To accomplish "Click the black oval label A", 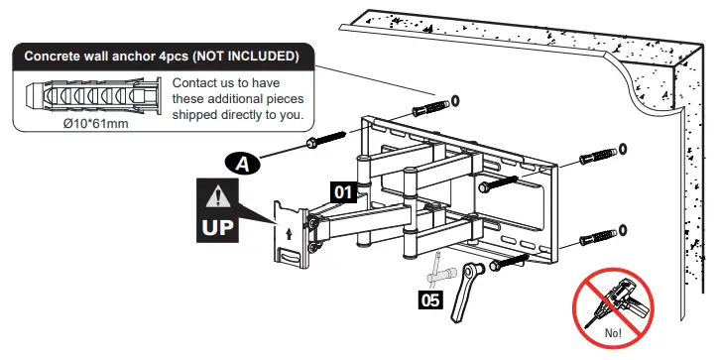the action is click(243, 164).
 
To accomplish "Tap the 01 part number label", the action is click(343, 192).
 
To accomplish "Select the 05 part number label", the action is click(430, 300).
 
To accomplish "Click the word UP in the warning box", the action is click(218, 227).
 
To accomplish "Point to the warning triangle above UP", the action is click(218, 197).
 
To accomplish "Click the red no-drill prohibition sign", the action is click(613, 308).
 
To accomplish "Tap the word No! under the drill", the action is click(613, 333).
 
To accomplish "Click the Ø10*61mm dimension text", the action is click(96, 123).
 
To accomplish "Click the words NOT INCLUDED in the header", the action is click(246, 56).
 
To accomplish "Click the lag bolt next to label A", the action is click(326, 140).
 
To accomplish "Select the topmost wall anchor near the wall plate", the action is click(431, 108).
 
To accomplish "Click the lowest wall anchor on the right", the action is click(598, 238).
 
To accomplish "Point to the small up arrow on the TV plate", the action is click(289, 234).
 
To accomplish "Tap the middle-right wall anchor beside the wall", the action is click(598, 157).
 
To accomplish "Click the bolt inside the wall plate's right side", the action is click(499, 183).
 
